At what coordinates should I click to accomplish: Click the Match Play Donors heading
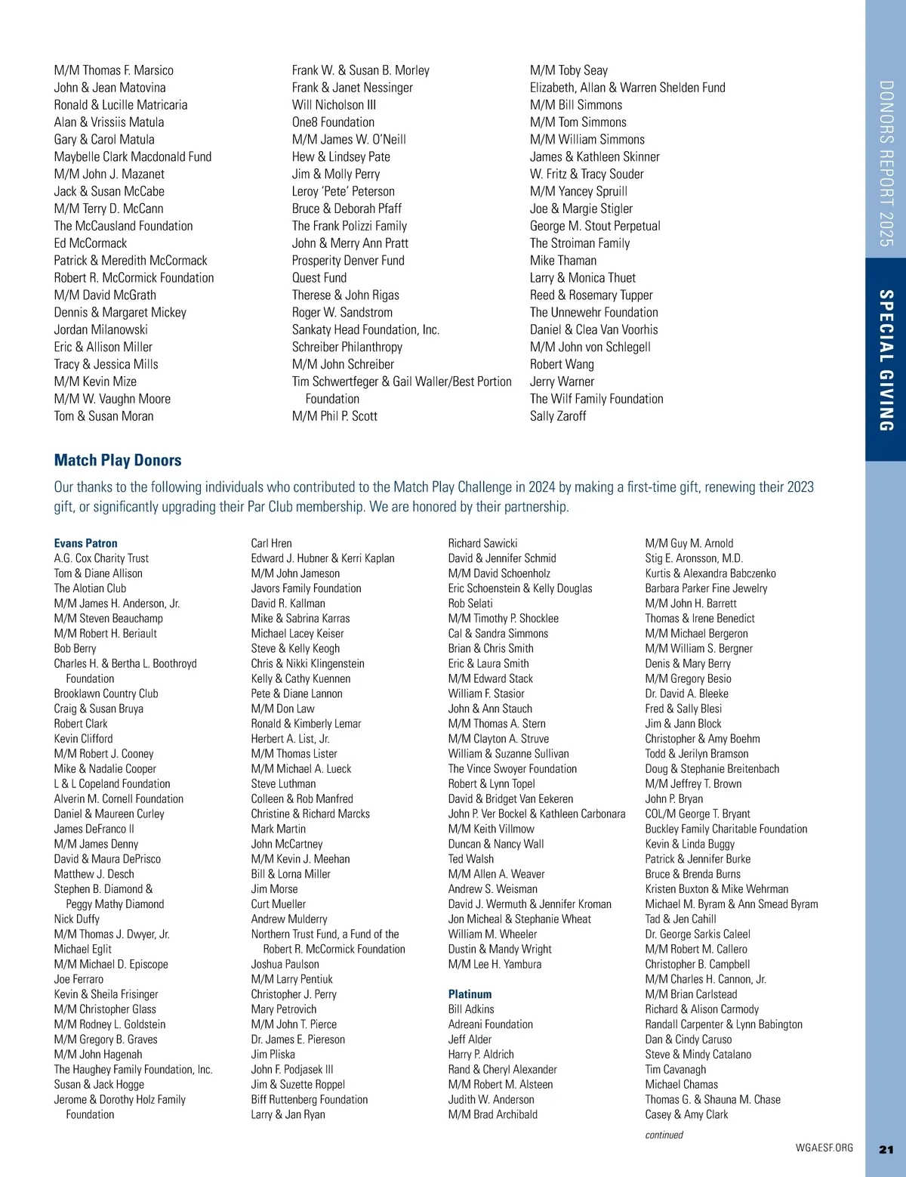118,460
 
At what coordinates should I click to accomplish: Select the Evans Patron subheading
85,543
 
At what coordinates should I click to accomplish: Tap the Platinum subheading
470,994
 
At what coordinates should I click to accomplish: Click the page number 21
886,1149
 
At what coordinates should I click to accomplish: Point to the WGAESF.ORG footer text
824,1148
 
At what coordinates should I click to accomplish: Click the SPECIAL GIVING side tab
886,360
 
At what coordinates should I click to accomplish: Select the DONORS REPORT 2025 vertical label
886,163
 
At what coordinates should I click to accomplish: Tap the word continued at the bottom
664,1135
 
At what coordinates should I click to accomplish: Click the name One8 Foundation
333,122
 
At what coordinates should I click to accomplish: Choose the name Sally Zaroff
558,416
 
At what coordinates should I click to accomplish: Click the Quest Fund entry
319,278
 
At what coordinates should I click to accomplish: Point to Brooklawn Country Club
106,694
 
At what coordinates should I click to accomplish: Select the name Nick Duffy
76,919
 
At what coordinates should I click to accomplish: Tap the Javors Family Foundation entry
306,588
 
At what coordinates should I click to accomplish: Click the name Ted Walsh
471,859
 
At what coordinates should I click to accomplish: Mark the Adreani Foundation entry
490,1024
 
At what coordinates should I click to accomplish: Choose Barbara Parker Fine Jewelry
706,588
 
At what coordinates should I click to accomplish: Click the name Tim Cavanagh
676,1070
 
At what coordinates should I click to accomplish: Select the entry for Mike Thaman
563,261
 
